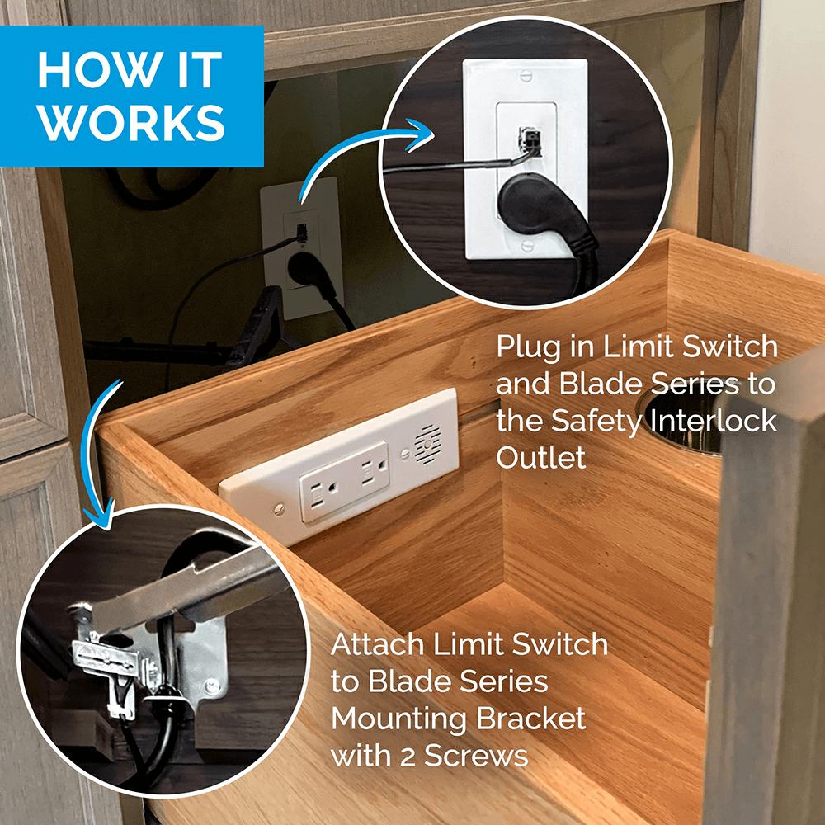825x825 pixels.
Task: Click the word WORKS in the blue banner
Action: coord(131,123)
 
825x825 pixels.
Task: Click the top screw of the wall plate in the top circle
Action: coord(526,76)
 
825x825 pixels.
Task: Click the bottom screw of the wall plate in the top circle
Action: coord(526,246)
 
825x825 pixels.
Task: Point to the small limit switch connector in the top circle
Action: coord(530,140)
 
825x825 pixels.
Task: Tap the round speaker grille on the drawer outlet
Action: coord(427,443)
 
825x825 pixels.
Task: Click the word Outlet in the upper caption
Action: coord(541,457)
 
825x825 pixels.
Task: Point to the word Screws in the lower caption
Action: coord(476,756)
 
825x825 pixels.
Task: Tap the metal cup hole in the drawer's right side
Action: coord(679,421)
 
